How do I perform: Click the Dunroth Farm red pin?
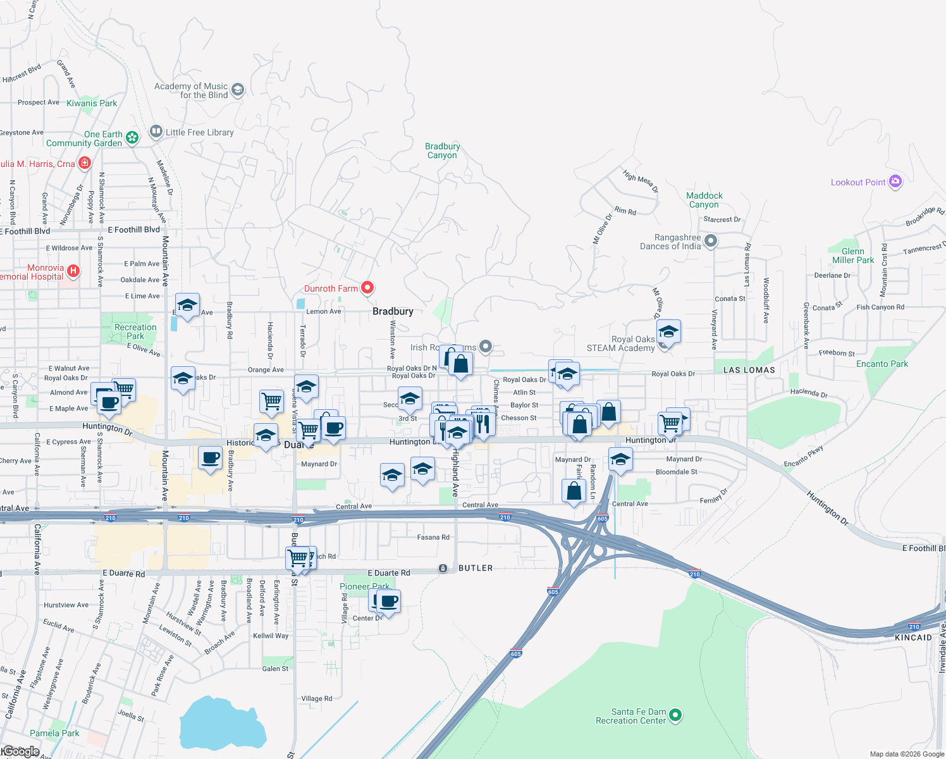(367, 288)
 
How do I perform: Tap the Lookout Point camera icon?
(895, 182)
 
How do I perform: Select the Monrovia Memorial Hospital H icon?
(73, 271)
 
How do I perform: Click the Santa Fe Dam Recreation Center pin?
(675, 715)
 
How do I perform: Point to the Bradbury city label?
(393, 311)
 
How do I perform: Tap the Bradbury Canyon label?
(442, 151)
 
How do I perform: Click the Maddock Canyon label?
(704, 200)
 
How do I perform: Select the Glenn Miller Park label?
(852, 256)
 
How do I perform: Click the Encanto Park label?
(881, 364)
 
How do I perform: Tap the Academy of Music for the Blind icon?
(238, 90)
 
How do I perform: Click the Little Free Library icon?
(156, 132)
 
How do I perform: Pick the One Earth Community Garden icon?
(132, 137)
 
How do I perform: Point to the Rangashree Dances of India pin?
(711, 241)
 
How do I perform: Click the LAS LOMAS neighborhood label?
(749, 370)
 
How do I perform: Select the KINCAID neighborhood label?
(913, 638)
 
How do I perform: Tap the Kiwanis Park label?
(92, 103)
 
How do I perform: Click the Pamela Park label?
(54, 733)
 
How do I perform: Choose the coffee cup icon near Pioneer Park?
(389, 601)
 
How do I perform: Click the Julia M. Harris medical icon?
(85, 163)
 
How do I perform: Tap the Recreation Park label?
(135, 331)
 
